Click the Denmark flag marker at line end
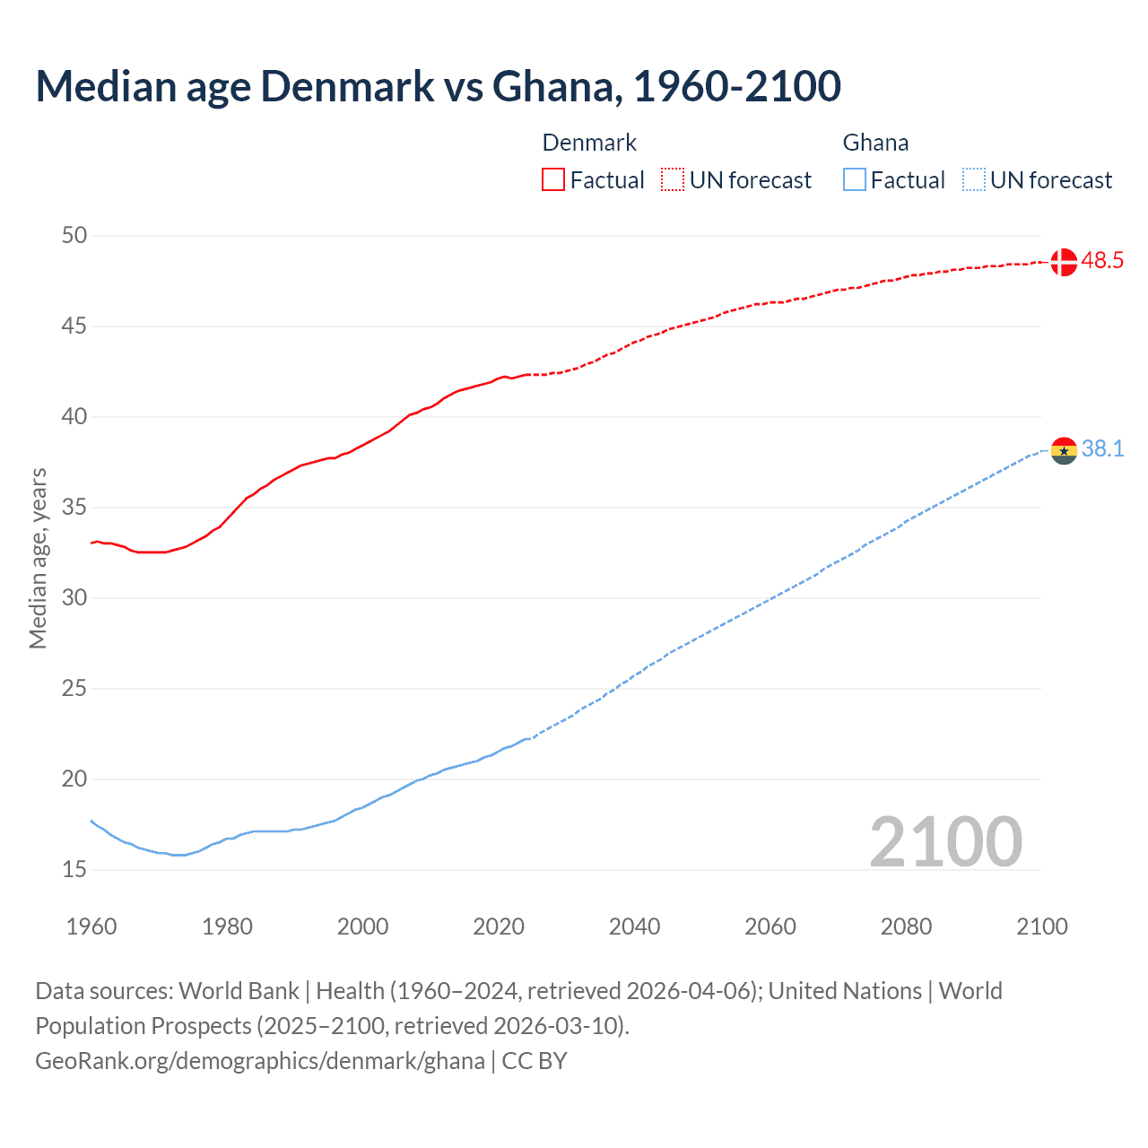coord(1063,262)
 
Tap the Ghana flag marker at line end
coord(1063,450)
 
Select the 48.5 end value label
coord(1102,261)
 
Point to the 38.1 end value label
coord(1102,448)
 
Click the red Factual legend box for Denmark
coord(553,180)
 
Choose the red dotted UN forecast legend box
coord(673,180)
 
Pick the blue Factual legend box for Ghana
coord(855,180)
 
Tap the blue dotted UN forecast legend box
coord(973,180)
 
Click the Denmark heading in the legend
coord(589,143)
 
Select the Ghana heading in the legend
coord(875,143)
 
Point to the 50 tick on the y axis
coord(74,236)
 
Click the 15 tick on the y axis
coord(74,869)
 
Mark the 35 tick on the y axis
coord(74,508)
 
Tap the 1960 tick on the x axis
coord(91,926)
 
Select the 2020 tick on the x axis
coord(499,926)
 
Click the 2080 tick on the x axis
coord(906,926)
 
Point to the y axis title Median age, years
coord(38,558)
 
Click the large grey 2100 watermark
coord(945,842)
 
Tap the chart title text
coord(438,86)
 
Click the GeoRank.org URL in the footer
coord(260,1061)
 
